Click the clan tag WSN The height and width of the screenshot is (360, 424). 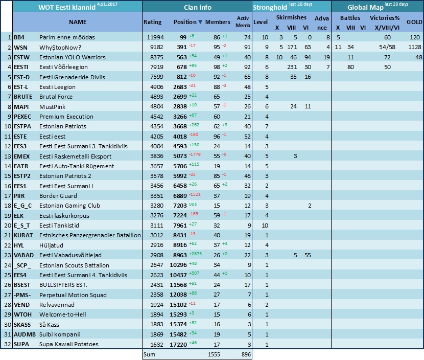[20, 48]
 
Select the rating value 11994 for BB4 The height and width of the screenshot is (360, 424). [155, 37]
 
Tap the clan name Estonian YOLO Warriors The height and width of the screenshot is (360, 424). [73, 57]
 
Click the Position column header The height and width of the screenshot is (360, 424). [185, 22]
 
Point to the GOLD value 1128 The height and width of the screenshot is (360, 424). [415, 48]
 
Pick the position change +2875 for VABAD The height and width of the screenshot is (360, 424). [195, 254]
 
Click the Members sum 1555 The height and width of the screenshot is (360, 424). [214, 354]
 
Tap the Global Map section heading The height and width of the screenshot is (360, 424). [365, 7]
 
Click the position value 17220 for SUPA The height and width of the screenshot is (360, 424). [178, 345]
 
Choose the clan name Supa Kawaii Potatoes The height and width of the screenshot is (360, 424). [69, 344]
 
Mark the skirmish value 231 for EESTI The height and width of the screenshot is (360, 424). [292, 67]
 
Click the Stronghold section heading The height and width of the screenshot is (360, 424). [270, 8]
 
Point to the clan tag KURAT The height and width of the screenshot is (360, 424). [23, 236]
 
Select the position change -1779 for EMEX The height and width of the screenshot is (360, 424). [195, 154]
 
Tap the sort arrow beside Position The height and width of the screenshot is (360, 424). [200, 22]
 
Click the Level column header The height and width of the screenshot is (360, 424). [261, 22]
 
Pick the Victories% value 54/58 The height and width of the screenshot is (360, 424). [387, 48]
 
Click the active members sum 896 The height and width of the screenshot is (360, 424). [246, 354]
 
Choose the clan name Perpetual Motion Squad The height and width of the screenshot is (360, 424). [73, 295]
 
